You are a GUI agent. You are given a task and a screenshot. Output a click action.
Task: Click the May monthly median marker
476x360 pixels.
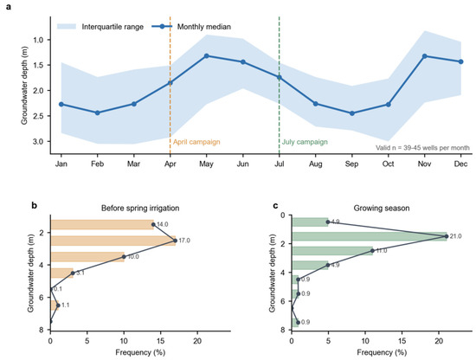207,56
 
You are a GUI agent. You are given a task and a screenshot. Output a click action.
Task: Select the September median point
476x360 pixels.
352,113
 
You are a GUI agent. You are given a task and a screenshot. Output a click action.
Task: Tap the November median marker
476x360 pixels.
425,56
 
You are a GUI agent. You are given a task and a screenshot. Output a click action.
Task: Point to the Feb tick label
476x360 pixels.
98,164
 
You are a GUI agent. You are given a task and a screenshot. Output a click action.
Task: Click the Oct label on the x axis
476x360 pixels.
389,164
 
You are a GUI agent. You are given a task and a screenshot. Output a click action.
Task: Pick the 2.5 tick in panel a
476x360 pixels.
40,116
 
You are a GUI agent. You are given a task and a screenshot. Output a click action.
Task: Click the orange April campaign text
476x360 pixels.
196,142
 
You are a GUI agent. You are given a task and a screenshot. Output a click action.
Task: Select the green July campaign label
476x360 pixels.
305,142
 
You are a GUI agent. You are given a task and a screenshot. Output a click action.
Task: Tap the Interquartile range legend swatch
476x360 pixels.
67,27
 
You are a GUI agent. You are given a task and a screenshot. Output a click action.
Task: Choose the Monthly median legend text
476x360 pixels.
204,27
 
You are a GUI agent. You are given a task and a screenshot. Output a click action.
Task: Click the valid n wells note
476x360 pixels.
422,148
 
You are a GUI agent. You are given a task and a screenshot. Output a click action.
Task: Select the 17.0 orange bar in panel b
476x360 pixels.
113,241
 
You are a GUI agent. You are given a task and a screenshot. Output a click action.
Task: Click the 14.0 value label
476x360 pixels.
163,224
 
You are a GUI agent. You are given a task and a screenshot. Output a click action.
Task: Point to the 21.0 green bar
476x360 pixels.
370,236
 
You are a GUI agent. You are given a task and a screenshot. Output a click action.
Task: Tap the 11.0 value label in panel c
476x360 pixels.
382,251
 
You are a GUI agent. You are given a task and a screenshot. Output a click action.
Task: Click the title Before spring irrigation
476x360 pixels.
140,208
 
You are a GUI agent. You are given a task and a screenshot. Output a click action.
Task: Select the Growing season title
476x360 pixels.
382,208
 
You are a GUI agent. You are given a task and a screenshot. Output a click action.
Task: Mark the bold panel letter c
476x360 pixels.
275,205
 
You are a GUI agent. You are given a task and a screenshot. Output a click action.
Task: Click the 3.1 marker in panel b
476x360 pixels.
73,273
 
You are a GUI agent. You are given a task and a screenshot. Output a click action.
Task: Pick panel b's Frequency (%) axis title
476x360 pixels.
140,352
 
